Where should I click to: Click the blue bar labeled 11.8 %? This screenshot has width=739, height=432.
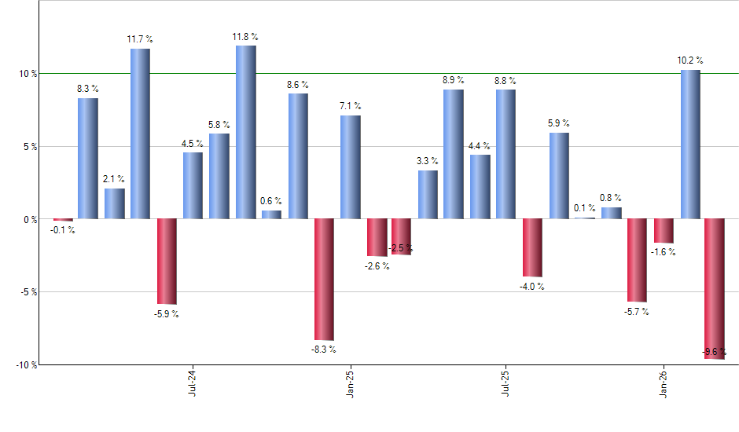pos(245,132)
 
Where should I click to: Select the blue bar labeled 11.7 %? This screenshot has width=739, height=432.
pos(140,134)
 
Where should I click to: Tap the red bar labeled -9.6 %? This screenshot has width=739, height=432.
pos(715,289)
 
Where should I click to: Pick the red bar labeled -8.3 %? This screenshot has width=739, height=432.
pos(324,279)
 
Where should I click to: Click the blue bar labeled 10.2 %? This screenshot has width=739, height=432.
pos(690,145)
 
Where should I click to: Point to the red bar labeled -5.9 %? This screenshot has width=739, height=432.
pos(167,262)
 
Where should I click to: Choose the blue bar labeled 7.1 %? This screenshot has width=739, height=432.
pos(351,167)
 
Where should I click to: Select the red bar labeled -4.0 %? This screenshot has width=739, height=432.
pos(532,248)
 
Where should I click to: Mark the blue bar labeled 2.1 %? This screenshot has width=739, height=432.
pos(114,203)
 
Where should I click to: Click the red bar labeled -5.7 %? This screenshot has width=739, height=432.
pos(637,260)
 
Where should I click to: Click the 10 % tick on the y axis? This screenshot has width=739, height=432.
pos(28,74)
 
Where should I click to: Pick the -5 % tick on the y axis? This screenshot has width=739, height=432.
pos(28,292)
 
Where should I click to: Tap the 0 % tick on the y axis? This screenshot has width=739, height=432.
pos(31,220)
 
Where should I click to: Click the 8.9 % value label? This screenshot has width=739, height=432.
pos(453,80)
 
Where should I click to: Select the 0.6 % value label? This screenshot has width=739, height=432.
pos(271,202)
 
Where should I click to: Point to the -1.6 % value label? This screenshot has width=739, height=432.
pos(664,252)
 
